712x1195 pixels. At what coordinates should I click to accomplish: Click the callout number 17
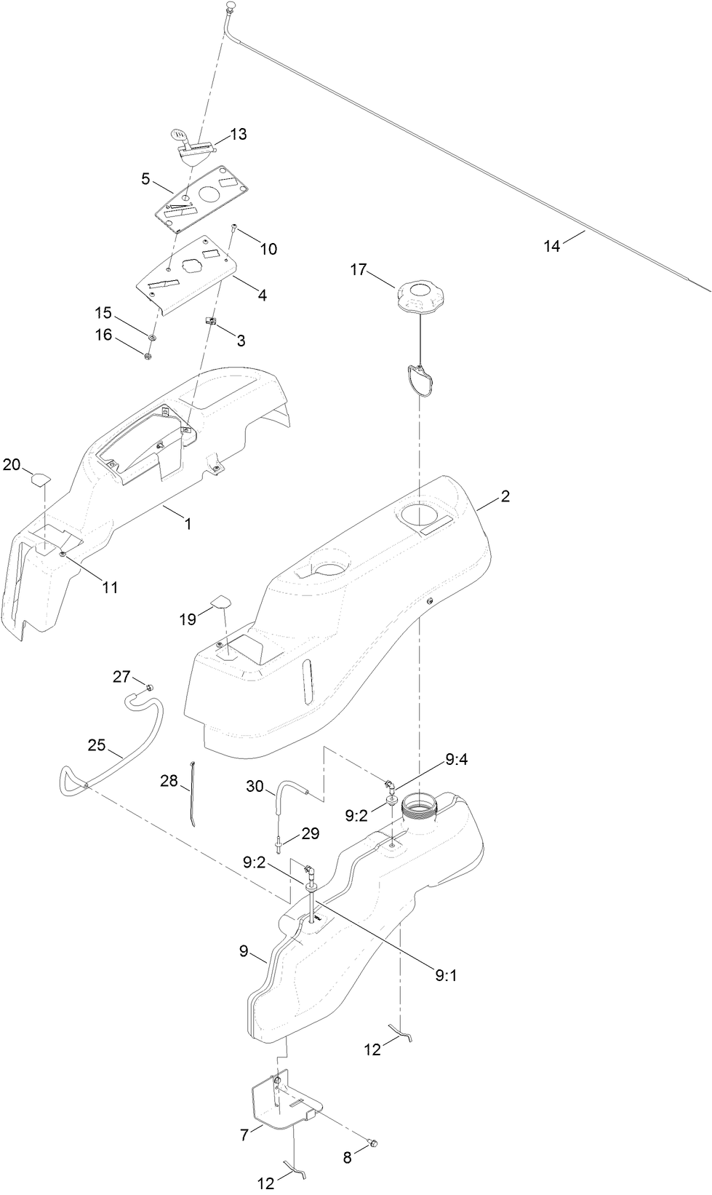pos(358,270)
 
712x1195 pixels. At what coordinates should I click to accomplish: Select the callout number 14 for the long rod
pos(552,247)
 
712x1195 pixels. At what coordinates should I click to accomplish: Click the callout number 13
pos(238,135)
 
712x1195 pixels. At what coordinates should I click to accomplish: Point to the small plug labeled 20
pos(39,478)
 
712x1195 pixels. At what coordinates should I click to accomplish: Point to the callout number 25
pos(97,745)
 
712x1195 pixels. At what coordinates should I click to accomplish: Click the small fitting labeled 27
pos(149,687)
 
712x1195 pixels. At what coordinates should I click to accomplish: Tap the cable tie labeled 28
pos(193,793)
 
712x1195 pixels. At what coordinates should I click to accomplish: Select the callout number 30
pos(255,786)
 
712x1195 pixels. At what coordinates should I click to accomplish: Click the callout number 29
pos(311,834)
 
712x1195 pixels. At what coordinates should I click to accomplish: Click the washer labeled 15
pos(153,338)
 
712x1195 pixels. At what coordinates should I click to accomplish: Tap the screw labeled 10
pos(235,228)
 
